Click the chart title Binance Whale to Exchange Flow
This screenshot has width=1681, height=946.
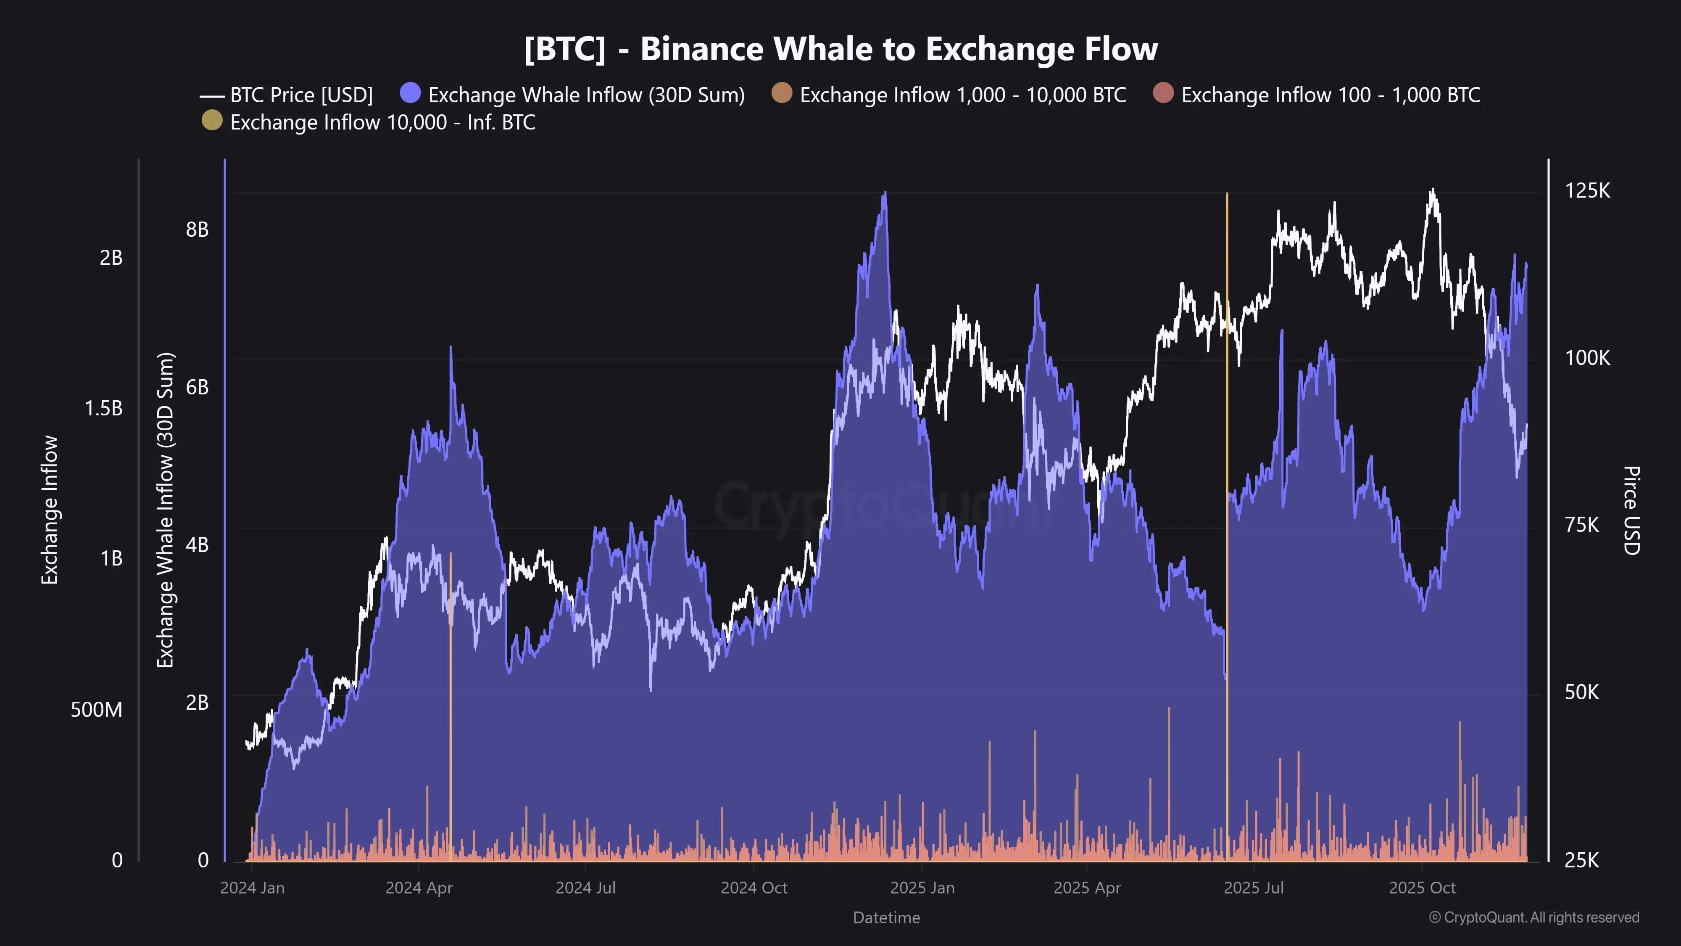(840, 49)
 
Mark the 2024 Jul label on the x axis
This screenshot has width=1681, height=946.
(585, 888)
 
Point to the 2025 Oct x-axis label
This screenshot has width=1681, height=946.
(1422, 888)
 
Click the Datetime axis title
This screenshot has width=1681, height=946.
(886, 917)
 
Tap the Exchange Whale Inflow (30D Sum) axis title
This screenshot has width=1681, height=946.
(166, 510)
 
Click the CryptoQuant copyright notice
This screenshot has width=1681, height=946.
(1533, 917)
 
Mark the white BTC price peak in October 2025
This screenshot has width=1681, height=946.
(1432, 190)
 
